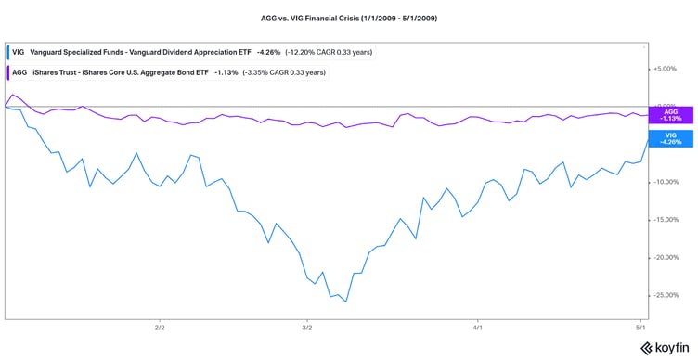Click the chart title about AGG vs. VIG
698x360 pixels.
tap(349, 17)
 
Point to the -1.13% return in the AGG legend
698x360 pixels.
tap(200, 71)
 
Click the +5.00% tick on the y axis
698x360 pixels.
tap(666, 69)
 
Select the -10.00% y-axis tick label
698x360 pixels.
tap(666, 182)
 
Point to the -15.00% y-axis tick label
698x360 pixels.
tap(666, 220)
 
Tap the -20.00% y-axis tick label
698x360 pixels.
tap(666, 257)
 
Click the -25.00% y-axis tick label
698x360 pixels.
tap(666, 295)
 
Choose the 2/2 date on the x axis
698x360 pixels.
tap(159, 328)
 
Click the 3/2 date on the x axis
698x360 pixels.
tap(307, 328)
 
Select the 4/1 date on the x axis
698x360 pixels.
tap(476, 328)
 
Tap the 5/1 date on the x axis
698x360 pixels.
tap(640, 328)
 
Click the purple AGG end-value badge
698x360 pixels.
tap(667, 115)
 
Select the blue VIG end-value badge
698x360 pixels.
tap(667, 138)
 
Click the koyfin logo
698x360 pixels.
tap(663, 348)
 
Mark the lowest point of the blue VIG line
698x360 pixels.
tap(345, 302)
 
